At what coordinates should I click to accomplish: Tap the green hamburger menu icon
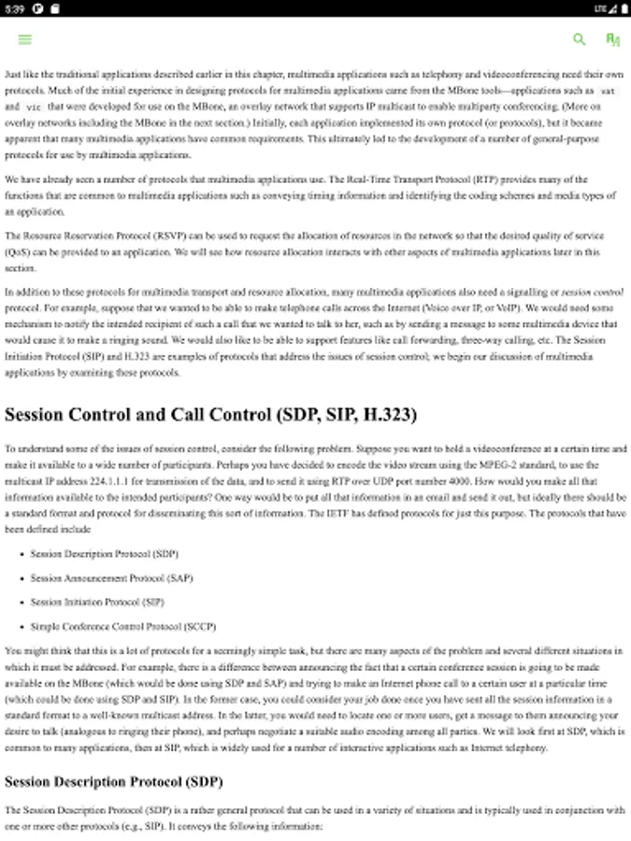(25, 39)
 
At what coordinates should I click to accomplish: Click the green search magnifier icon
(580, 39)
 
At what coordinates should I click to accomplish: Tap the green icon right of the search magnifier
(612, 39)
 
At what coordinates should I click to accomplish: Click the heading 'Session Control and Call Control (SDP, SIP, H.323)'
(210, 414)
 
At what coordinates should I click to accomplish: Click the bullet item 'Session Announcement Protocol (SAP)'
(111, 578)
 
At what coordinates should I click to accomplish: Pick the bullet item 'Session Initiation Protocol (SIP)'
(96, 603)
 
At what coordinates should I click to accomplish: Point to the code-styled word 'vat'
(608, 92)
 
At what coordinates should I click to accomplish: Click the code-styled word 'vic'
(33, 108)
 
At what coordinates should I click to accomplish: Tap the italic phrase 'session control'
(593, 292)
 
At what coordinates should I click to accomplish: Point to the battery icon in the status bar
(624, 8)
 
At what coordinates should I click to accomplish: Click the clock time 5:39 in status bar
(14, 8)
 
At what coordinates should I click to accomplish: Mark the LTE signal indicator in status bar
(602, 8)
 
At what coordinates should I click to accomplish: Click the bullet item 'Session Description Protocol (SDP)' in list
(104, 554)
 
